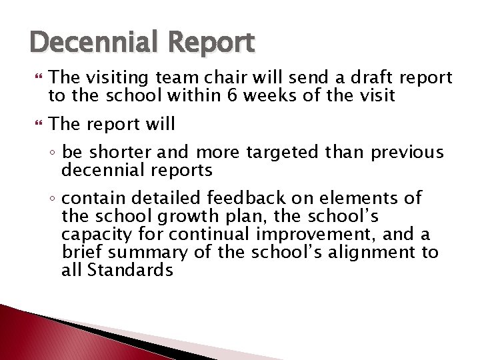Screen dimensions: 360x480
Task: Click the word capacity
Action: [93, 235]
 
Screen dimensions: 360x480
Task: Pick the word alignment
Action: [378, 253]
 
